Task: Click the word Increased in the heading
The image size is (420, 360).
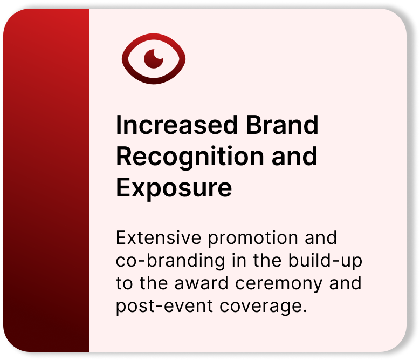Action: tap(177, 125)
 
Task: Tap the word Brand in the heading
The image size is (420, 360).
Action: tap(283, 125)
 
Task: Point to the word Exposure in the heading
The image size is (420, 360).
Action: tap(174, 188)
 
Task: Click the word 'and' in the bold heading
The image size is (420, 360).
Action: tap(294, 157)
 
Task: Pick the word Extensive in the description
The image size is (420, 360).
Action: tap(159, 238)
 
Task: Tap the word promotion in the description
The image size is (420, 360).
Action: tap(253, 239)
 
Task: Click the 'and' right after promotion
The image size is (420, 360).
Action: tap(321, 238)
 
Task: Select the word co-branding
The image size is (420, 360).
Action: tap(170, 261)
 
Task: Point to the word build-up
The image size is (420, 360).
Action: tap(325, 261)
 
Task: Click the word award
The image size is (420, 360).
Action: tap(202, 283)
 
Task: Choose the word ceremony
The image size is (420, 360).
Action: tap(279, 284)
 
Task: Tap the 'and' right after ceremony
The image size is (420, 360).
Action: tap(345, 283)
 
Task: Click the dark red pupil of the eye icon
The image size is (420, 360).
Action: tap(154, 59)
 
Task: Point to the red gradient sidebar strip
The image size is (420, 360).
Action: tap(46, 180)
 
